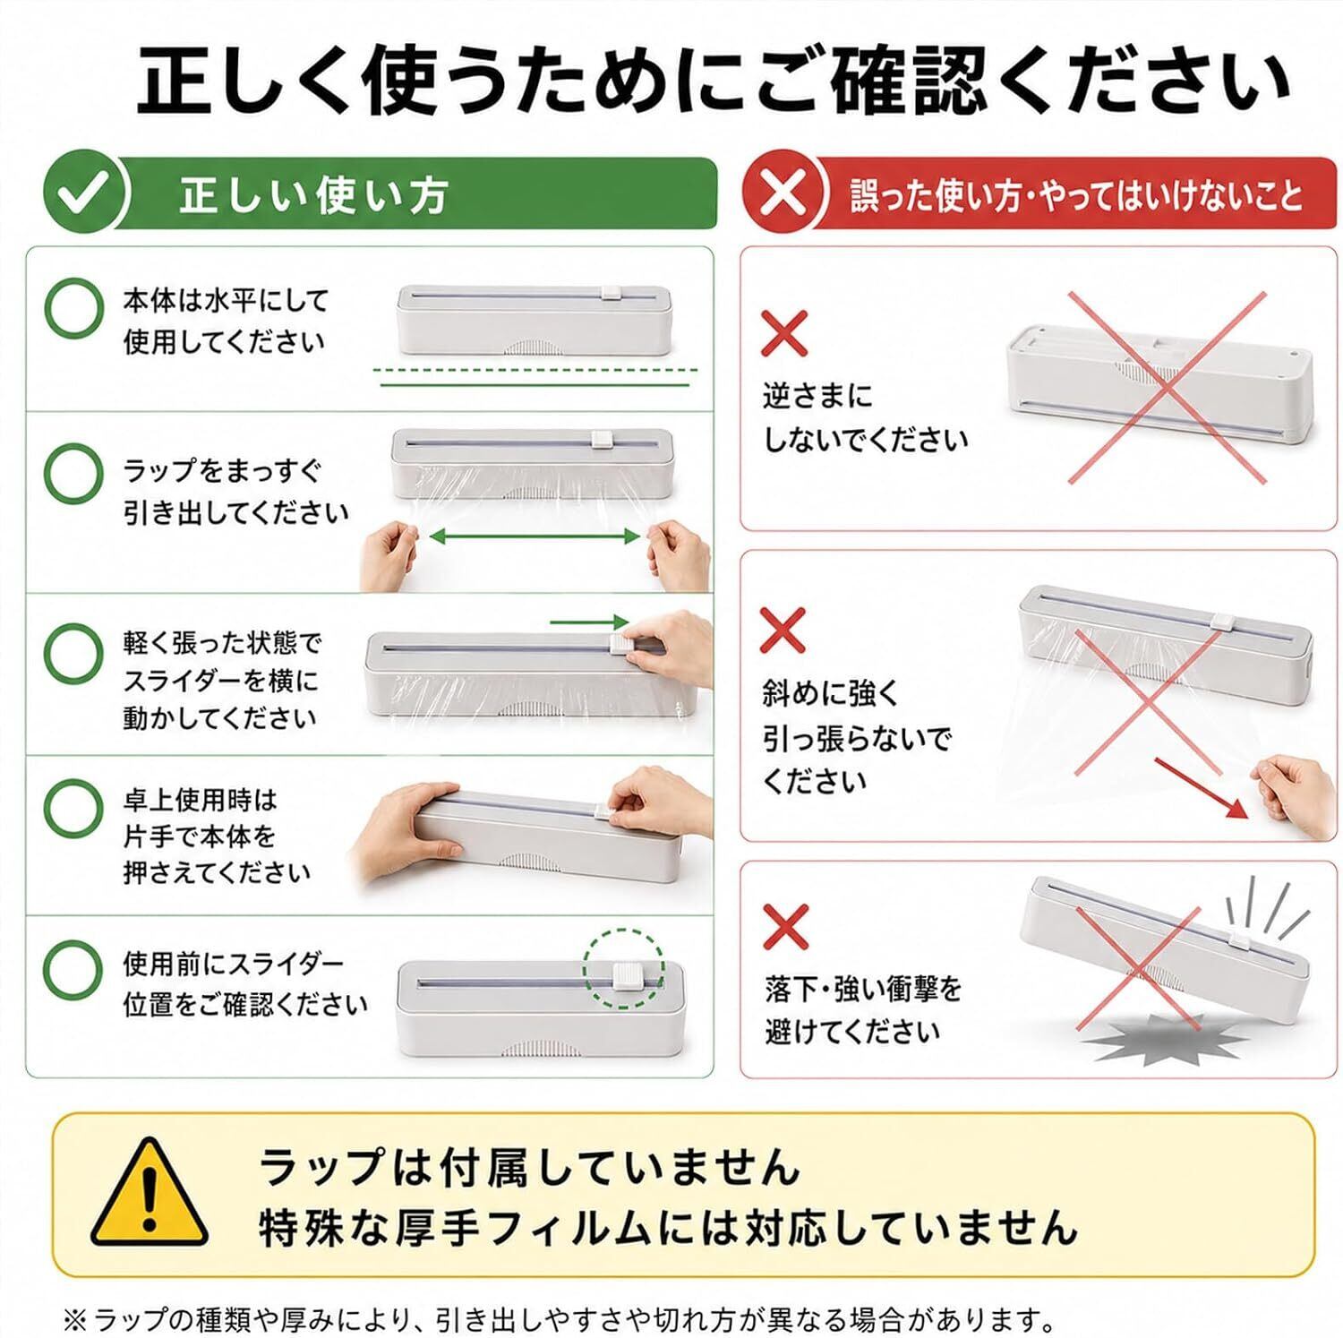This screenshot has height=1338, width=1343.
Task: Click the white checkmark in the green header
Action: tap(86, 193)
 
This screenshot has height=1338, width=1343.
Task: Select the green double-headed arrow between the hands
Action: tap(535, 536)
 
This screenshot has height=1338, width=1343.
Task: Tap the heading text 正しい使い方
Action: tap(312, 195)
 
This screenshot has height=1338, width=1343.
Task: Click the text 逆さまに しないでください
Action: tap(865, 417)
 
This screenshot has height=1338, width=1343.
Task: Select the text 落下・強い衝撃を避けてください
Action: tap(863, 1010)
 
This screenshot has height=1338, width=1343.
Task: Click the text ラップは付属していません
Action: tap(529, 1167)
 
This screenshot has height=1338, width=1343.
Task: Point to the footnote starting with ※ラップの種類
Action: tap(559, 1318)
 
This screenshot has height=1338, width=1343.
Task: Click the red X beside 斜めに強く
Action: tap(783, 630)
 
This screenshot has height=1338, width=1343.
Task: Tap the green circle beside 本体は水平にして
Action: tap(73, 306)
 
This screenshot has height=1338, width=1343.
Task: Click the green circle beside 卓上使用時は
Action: tap(73, 808)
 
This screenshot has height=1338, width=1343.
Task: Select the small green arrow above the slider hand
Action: tap(589, 622)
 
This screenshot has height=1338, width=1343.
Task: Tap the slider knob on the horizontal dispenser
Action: tap(612, 293)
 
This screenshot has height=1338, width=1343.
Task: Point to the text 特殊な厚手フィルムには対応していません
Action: tap(668, 1226)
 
